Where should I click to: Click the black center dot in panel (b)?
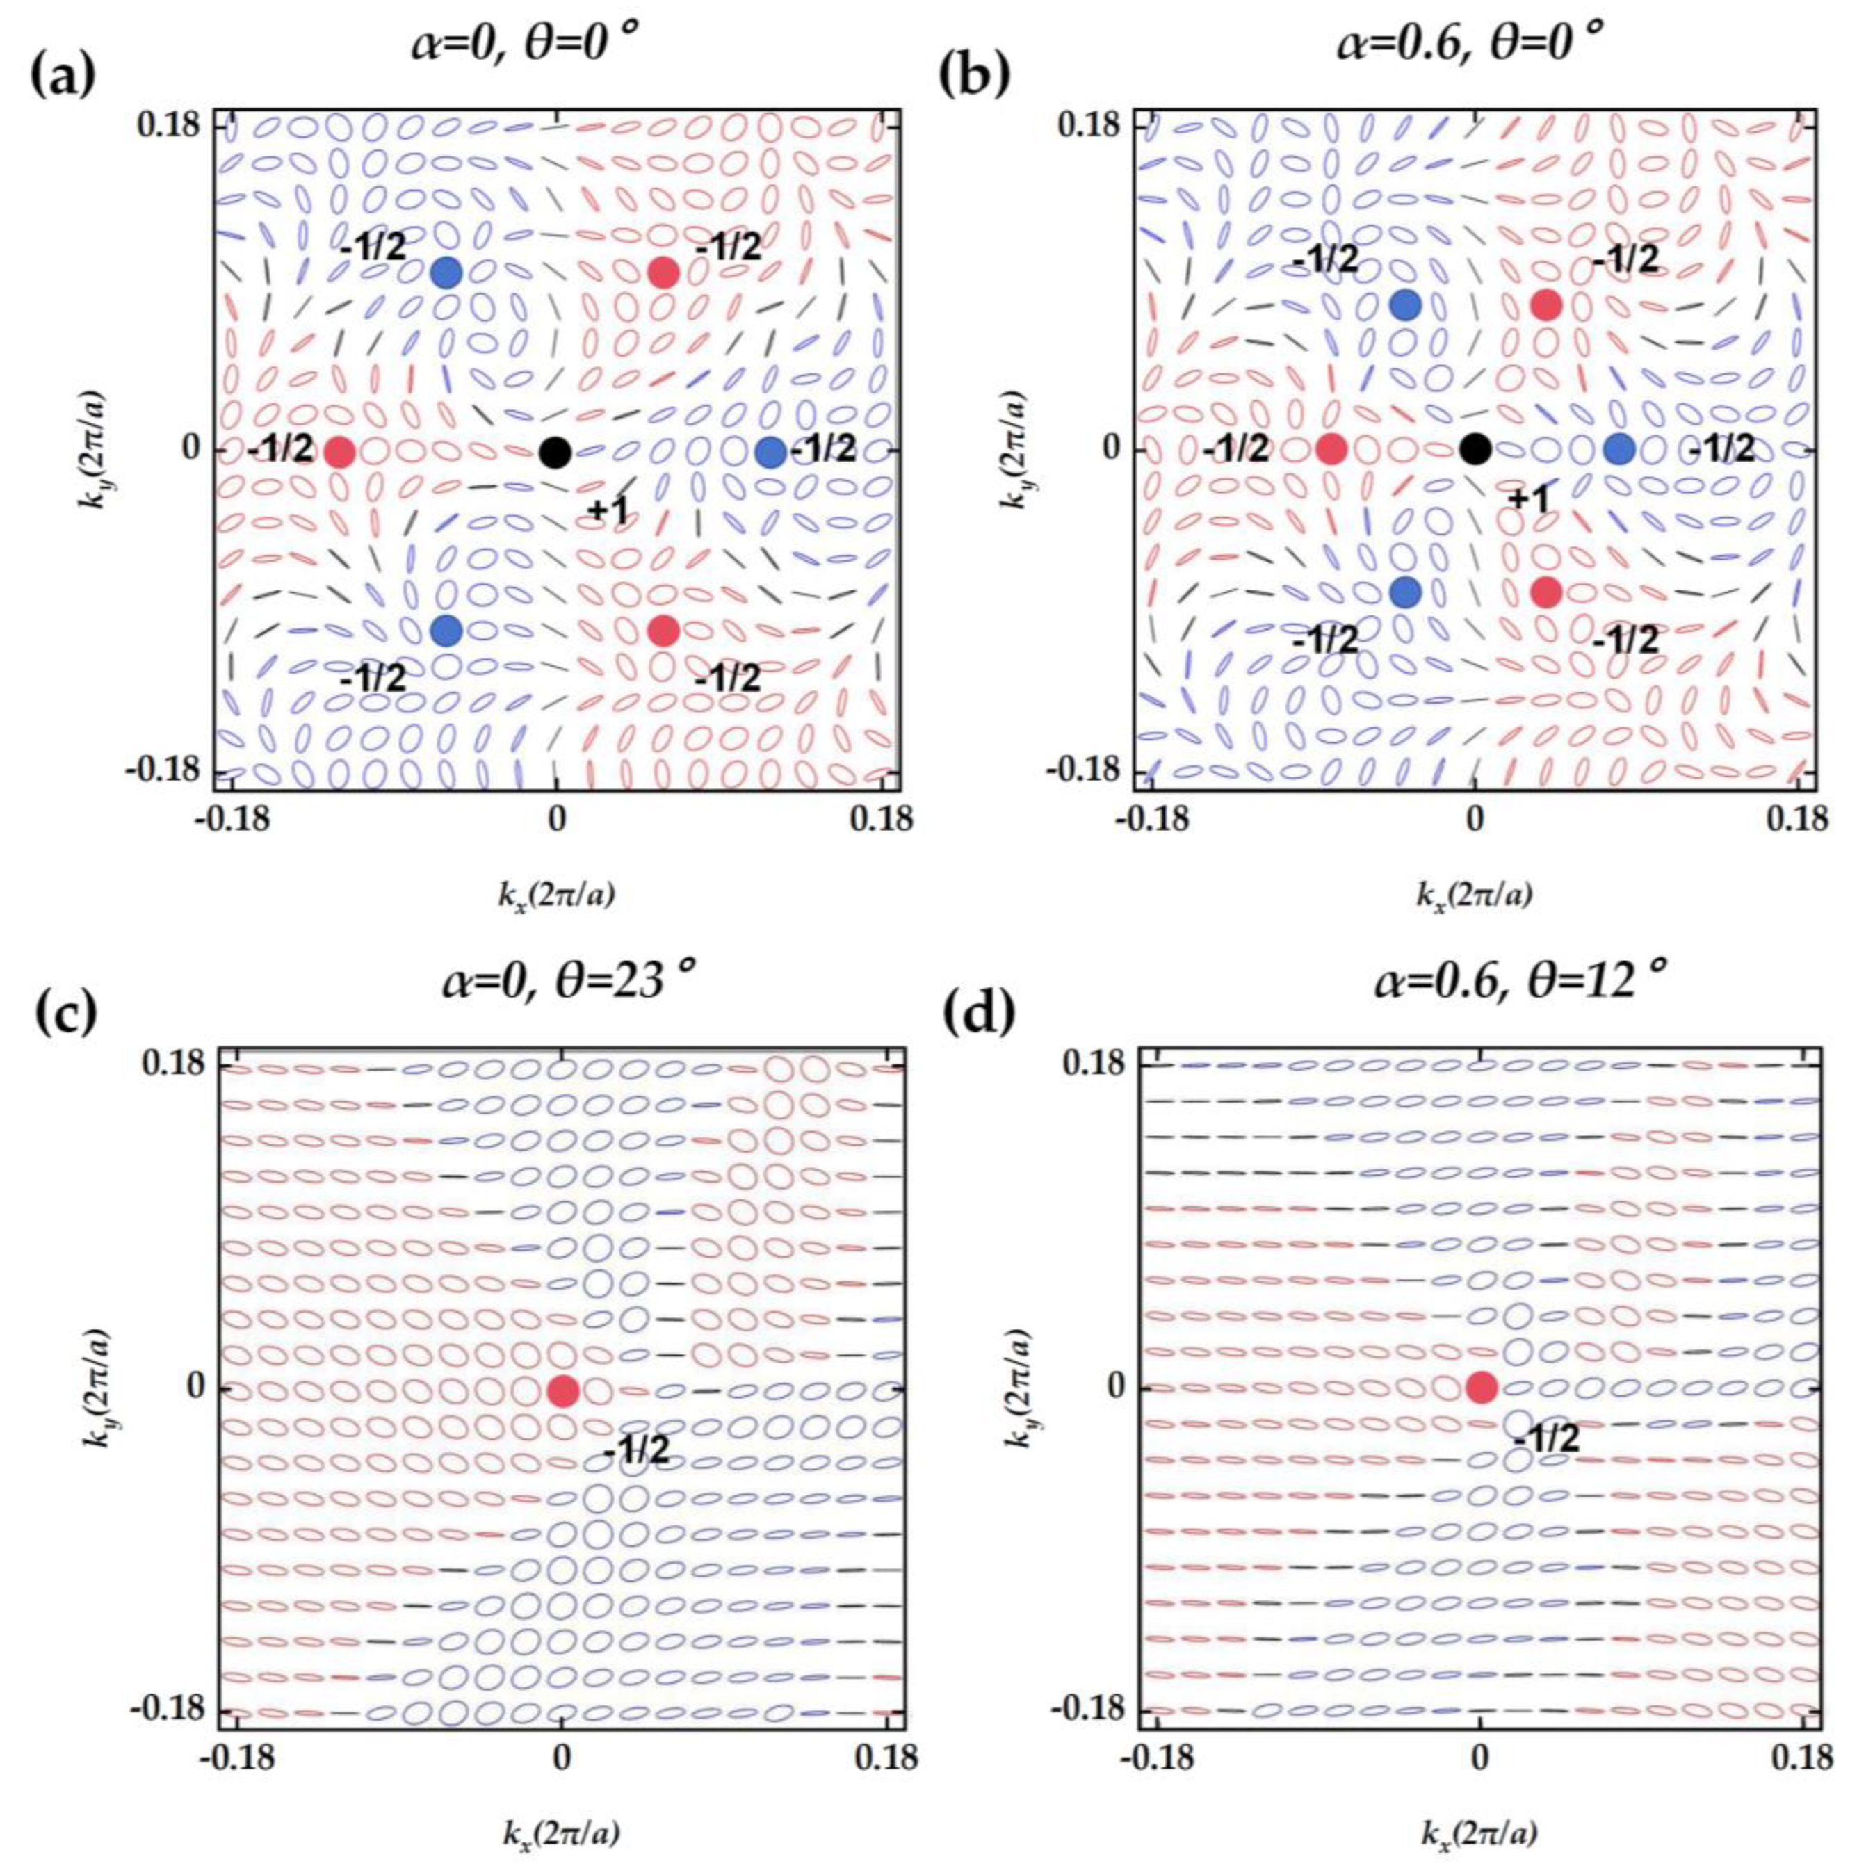click(1474, 449)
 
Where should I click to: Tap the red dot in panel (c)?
click(563, 1390)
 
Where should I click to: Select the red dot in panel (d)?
click(1481, 1387)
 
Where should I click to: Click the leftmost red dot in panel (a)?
click(339, 453)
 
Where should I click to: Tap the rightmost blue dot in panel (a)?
click(770, 451)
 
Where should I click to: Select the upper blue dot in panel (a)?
click(446, 273)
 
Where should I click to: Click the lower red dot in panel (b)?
click(1545, 591)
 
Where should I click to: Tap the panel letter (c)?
click(65, 1012)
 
